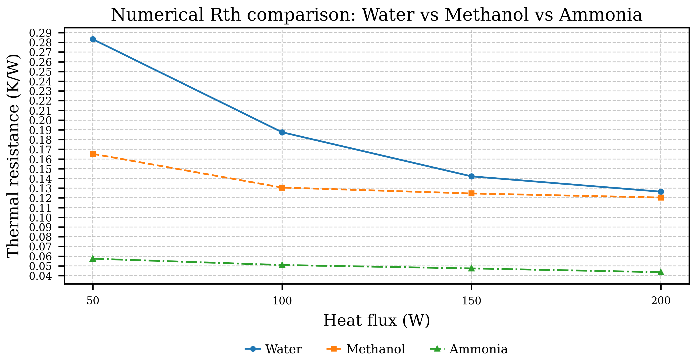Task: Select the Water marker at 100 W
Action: pos(282,132)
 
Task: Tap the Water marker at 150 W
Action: pos(471,177)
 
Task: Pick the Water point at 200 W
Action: pos(661,192)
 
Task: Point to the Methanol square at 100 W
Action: pos(282,188)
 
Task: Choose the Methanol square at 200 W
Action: pos(661,198)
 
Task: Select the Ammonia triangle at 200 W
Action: pos(661,272)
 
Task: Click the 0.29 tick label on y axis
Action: pos(40,33)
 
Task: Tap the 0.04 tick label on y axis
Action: pos(40,276)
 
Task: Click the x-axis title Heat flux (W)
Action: pos(376,321)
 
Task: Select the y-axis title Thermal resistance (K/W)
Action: pos(13,156)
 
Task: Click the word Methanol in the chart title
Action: pos(486,15)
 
